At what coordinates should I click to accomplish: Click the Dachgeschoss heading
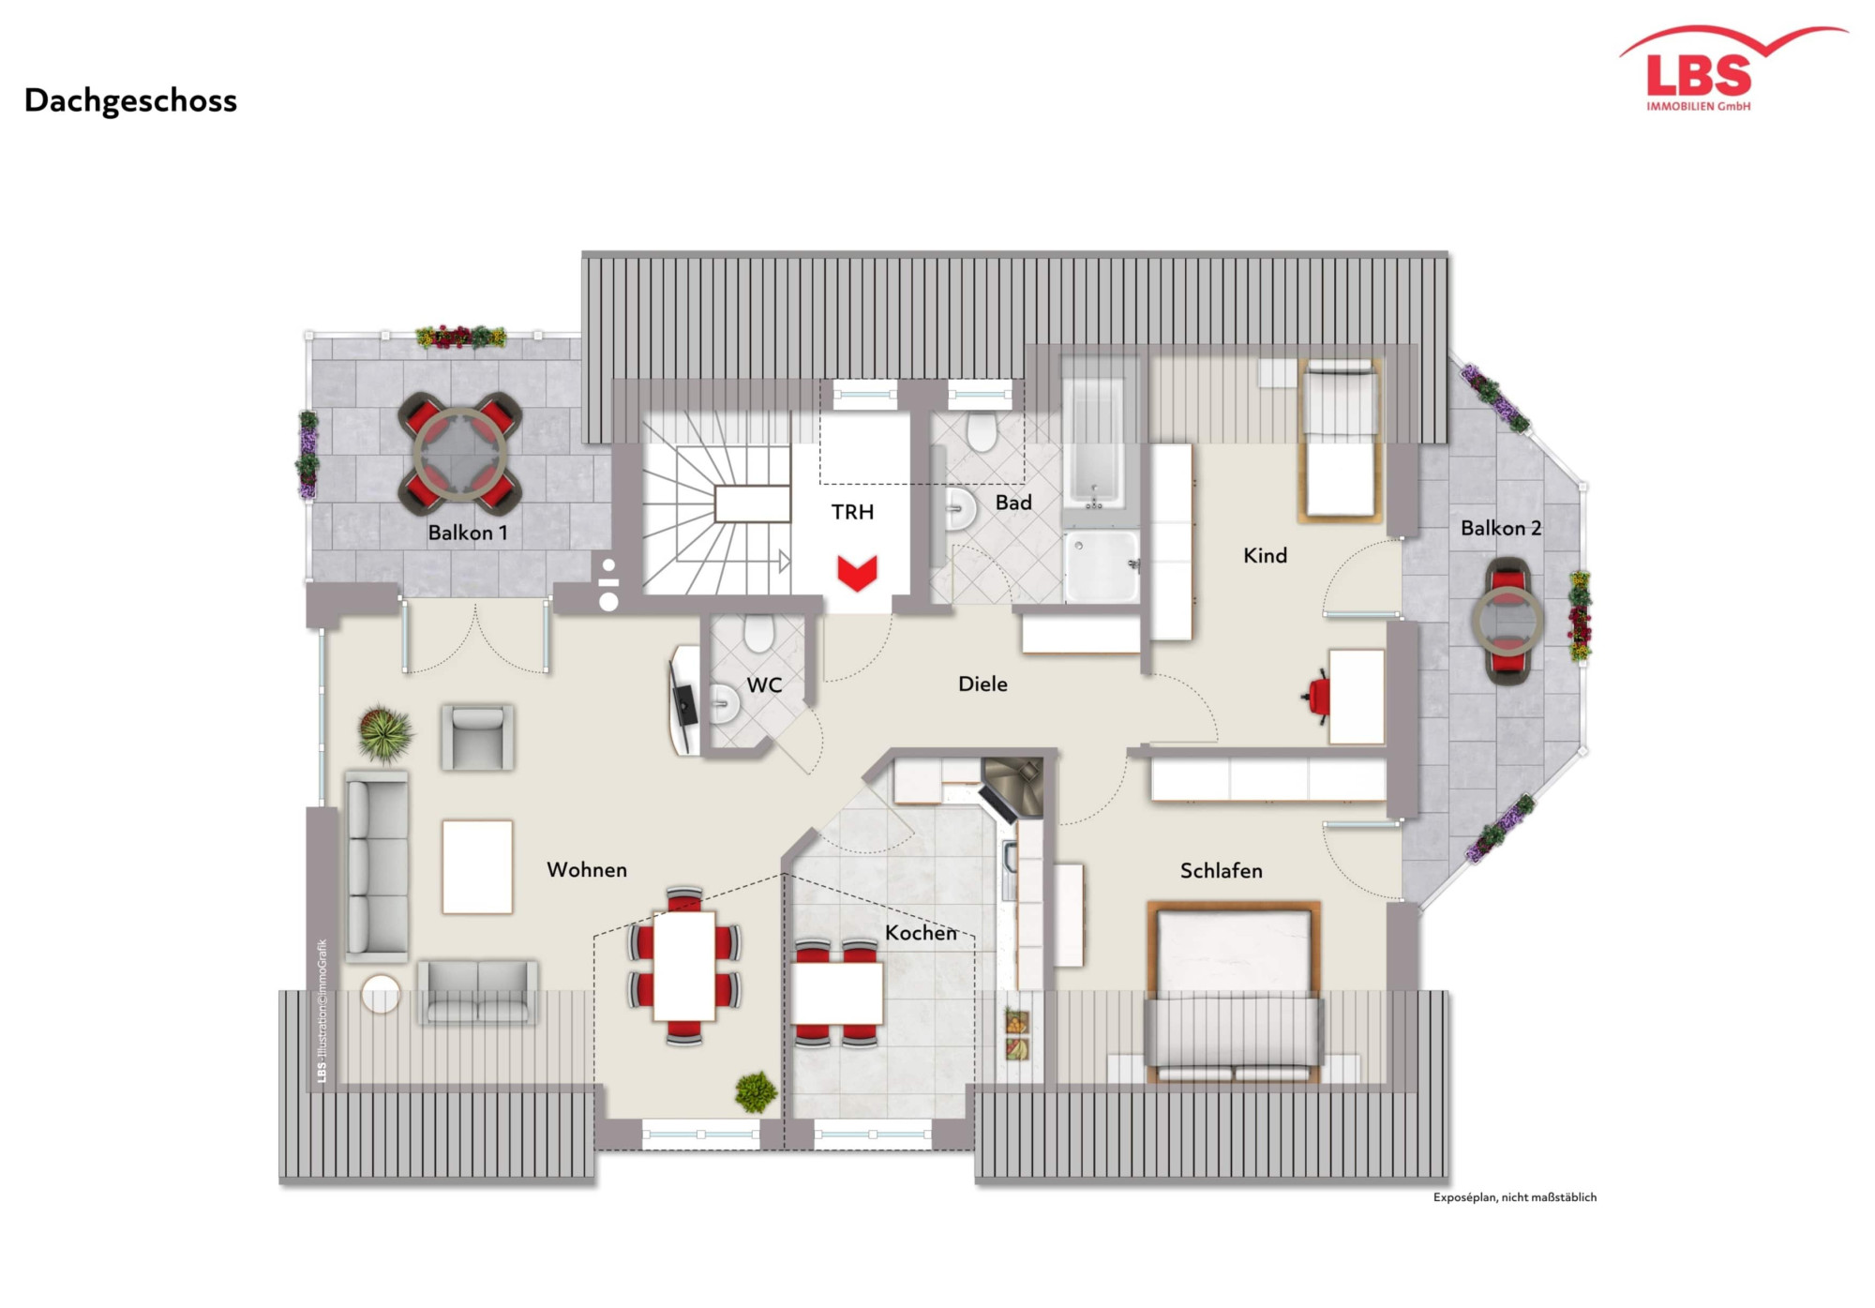130,100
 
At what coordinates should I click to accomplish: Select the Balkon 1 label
467,533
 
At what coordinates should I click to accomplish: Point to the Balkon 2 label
1500,528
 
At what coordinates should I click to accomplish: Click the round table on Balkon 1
459,454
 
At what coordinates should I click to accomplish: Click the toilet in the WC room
757,634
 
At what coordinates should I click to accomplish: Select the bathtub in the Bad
1094,440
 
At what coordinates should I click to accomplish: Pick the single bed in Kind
1341,441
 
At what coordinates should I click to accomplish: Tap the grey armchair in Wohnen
477,737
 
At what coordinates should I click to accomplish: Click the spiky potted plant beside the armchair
385,733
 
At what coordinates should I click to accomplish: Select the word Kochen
921,933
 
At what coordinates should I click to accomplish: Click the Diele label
982,684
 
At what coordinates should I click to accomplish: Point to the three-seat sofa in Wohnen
377,866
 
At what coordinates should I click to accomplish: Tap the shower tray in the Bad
1101,566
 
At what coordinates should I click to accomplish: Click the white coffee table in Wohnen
477,866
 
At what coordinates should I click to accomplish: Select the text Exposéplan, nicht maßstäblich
1514,1197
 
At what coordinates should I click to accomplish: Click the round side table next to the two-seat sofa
381,994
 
